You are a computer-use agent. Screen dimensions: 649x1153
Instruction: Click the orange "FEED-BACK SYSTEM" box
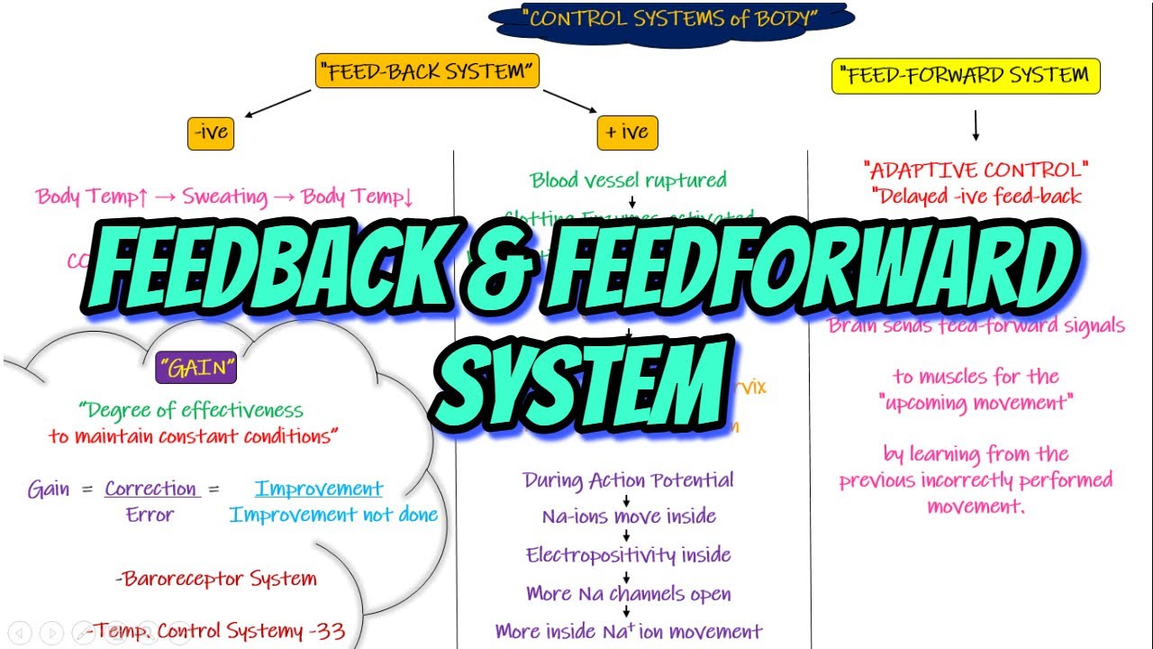click(x=427, y=72)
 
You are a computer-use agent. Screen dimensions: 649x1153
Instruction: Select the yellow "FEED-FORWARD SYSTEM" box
click(x=965, y=76)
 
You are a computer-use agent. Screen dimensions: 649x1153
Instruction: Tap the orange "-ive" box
click(x=211, y=133)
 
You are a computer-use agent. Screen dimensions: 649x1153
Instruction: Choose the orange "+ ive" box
click(x=627, y=133)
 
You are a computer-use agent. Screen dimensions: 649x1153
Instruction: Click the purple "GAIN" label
click(x=195, y=369)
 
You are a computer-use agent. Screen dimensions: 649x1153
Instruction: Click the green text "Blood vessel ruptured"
click(x=628, y=180)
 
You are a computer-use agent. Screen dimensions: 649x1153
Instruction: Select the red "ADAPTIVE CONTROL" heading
click(x=976, y=169)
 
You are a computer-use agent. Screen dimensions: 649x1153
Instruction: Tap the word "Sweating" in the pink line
click(x=225, y=197)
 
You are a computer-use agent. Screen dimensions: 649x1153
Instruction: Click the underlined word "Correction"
click(x=150, y=489)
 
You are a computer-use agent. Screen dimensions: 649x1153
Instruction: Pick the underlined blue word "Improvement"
click(x=319, y=489)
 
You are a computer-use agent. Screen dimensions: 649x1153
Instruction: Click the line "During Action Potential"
click(x=628, y=480)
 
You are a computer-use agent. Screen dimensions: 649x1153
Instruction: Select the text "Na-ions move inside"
click(x=629, y=517)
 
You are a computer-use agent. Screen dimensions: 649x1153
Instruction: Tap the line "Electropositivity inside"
click(x=628, y=555)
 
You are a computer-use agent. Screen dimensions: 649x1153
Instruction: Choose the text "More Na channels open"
click(x=628, y=594)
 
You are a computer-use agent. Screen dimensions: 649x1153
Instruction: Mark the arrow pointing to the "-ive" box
click(x=274, y=104)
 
